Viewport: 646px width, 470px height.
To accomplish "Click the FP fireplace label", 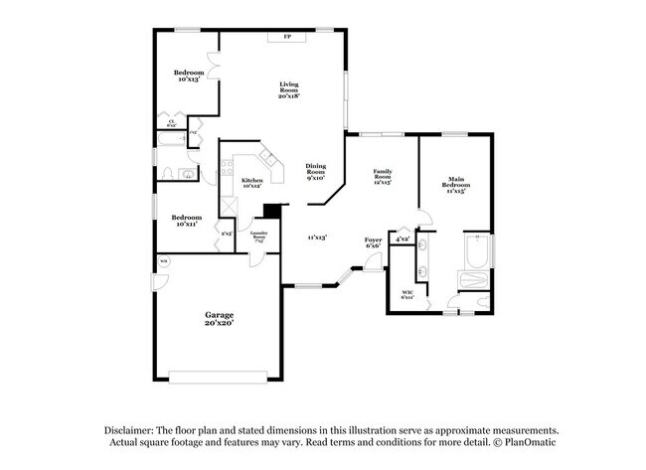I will tap(288, 37).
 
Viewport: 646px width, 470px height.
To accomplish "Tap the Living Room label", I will tap(289, 89).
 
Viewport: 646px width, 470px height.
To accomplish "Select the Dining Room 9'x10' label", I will tap(315, 171).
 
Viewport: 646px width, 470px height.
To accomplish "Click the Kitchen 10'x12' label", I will tap(251, 183).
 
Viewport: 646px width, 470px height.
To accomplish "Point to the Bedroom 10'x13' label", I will tap(189, 76).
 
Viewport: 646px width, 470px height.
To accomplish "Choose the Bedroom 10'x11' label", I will tap(187, 221).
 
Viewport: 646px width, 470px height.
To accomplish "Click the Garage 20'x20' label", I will tap(221, 319).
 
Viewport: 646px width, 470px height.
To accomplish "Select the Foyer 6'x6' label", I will tap(373, 242).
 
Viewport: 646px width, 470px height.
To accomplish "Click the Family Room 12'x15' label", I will tap(382, 178).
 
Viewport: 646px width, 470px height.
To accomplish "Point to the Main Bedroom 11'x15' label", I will tap(456, 186).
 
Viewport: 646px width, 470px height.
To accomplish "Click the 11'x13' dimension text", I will tap(317, 237).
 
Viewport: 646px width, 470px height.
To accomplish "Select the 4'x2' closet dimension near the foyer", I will tap(402, 239).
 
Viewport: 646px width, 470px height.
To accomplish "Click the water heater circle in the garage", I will tap(164, 261).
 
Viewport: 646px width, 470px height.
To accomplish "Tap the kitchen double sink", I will tap(265, 159).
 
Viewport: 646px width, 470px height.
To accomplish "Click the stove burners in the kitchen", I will tap(227, 166).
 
